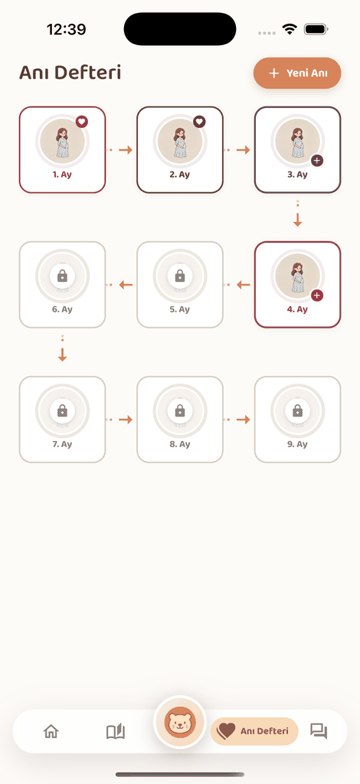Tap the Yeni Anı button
pyautogui.click(x=297, y=73)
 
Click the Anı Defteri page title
pyautogui.click(x=70, y=73)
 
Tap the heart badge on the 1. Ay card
pyautogui.click(x=82, y=122)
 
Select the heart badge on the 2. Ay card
pyautogui.click(x=199, y=122)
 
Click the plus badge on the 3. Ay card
pyautogui.click(x=317, y=161)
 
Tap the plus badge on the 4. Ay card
pyautogui.click(x=317, y=296)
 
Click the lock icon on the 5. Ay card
pyautogui.click(x=180, y=276)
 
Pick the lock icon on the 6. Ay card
pyautogui.click(x=63, y=276)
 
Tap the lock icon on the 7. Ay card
pyautogui.click(x=63, y=410)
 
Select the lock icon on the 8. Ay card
pyautogui.click(x=180, y=410)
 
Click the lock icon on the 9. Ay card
pyautogui.click(x=297, y=410)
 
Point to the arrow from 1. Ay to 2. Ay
pyautogui.click(x=126, y=149)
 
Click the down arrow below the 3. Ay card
pyautogui.click(x=297, y=220)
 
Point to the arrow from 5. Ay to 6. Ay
pyautogui.click(x=126, y=285)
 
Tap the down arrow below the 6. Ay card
pyautogui.click(x=63, y=355)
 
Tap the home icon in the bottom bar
pyautogui.click(x=51, y=731)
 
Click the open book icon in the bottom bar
pyautogui.click(x=116, y=731)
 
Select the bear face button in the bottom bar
pyautogui.click(x=180, y=722)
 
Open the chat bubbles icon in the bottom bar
pyautogui.click(x=319, y=731)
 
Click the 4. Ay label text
pyautogui.click(x=297, y=309)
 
